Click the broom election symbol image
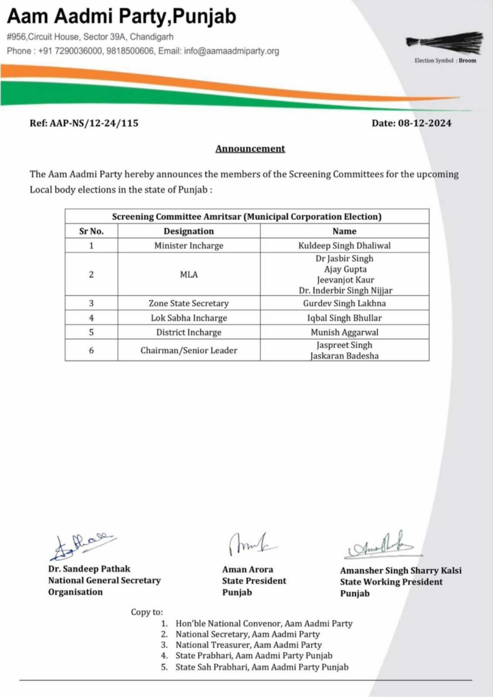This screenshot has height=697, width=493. [445, 43]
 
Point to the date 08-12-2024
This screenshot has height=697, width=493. [411, 123]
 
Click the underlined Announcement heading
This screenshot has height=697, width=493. [250, 148]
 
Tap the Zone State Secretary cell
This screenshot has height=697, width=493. [189, 303]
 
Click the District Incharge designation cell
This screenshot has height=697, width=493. [189, 333]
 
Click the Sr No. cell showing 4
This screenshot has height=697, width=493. [91, 318]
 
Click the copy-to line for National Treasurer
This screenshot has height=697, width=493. [249, 645]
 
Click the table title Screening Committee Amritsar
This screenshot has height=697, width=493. [246, 216]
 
